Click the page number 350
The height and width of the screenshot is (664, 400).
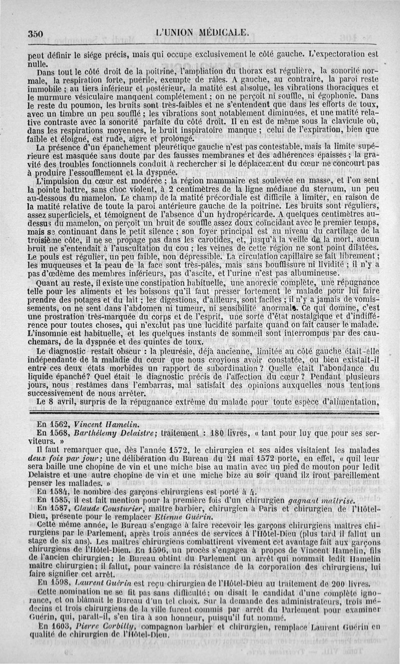pos(37,33)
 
